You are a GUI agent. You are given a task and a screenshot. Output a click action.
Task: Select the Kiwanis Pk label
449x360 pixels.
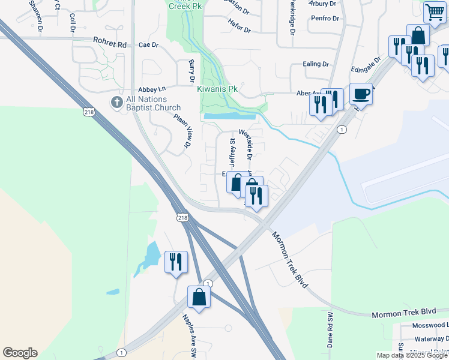pos(217,89)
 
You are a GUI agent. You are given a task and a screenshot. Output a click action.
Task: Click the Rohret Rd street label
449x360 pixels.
pos(110,43)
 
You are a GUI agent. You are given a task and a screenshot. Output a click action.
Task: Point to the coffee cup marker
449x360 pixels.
pos(361,94)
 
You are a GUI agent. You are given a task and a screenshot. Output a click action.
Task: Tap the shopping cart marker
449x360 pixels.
pos(434,12)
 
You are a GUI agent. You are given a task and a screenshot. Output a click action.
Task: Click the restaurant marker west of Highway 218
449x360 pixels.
pos(176,262)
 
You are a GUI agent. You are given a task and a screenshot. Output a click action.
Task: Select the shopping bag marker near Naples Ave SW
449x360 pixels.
pos(199,296)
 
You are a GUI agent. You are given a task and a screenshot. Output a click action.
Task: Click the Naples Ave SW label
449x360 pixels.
pos(188,335)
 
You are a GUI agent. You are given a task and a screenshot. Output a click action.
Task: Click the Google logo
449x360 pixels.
pos(20,353)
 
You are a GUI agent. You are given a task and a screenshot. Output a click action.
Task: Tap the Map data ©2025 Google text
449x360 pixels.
pos(412,355)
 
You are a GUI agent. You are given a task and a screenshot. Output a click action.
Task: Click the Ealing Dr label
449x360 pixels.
pos(317,64)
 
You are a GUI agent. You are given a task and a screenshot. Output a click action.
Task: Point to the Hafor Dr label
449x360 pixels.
pos(239,23)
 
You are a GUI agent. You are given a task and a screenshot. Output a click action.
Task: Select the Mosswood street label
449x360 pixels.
pos(430,325)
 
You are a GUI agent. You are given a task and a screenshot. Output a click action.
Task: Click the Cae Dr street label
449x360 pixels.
pos(148,44)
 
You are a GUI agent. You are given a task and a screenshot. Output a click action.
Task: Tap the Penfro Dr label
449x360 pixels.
pos(325,19)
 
